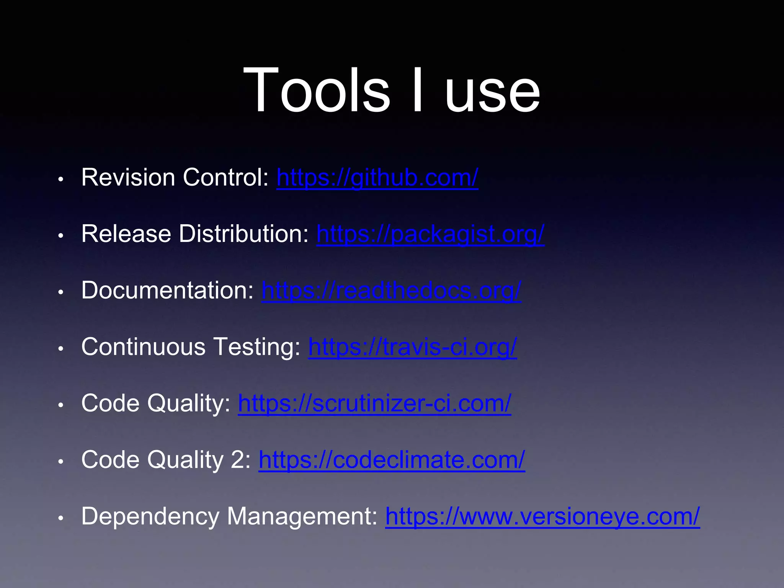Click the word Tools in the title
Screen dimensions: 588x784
316,90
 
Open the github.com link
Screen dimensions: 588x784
377,178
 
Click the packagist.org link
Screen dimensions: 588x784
430,234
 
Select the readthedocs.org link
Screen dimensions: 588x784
391,291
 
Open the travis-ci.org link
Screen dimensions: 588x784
413,347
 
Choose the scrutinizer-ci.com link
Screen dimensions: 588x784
374,403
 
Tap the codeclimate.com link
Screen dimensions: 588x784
392,460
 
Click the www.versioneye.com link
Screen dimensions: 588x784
542,516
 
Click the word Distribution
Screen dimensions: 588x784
243,234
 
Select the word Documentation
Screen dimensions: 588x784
167,291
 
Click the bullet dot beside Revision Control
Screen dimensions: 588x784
60,179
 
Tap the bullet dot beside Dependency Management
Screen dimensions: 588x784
60,518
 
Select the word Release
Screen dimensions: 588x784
126,234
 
